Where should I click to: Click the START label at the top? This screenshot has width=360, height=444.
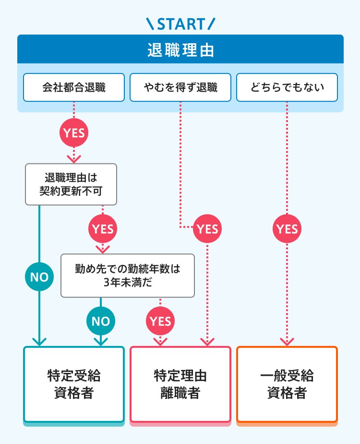click(180, 23)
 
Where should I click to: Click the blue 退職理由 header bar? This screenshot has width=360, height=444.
click(180, 49)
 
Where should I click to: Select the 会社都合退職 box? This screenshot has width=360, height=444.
click(74, 87)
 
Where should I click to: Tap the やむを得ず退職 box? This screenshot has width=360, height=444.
click(180, 87)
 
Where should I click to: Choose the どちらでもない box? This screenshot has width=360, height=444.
click(287, 87)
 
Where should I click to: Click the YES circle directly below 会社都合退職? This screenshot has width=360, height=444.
click(74, 133)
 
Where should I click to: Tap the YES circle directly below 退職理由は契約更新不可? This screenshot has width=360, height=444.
click(102, 229)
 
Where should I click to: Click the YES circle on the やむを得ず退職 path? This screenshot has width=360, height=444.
click(207, 229)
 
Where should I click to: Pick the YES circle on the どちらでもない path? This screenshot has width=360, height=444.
click(287, 229)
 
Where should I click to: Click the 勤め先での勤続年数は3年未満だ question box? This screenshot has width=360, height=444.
click(128, 276)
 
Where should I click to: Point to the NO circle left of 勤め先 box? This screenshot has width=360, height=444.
click(39, 277)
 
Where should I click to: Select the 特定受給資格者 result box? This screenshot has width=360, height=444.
click(74, 384)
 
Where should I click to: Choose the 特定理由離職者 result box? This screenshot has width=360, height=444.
click(180, 384)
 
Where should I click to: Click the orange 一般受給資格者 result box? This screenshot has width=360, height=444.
click(287, 384)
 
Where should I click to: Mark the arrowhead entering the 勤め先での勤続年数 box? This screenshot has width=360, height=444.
click(102, 249)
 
